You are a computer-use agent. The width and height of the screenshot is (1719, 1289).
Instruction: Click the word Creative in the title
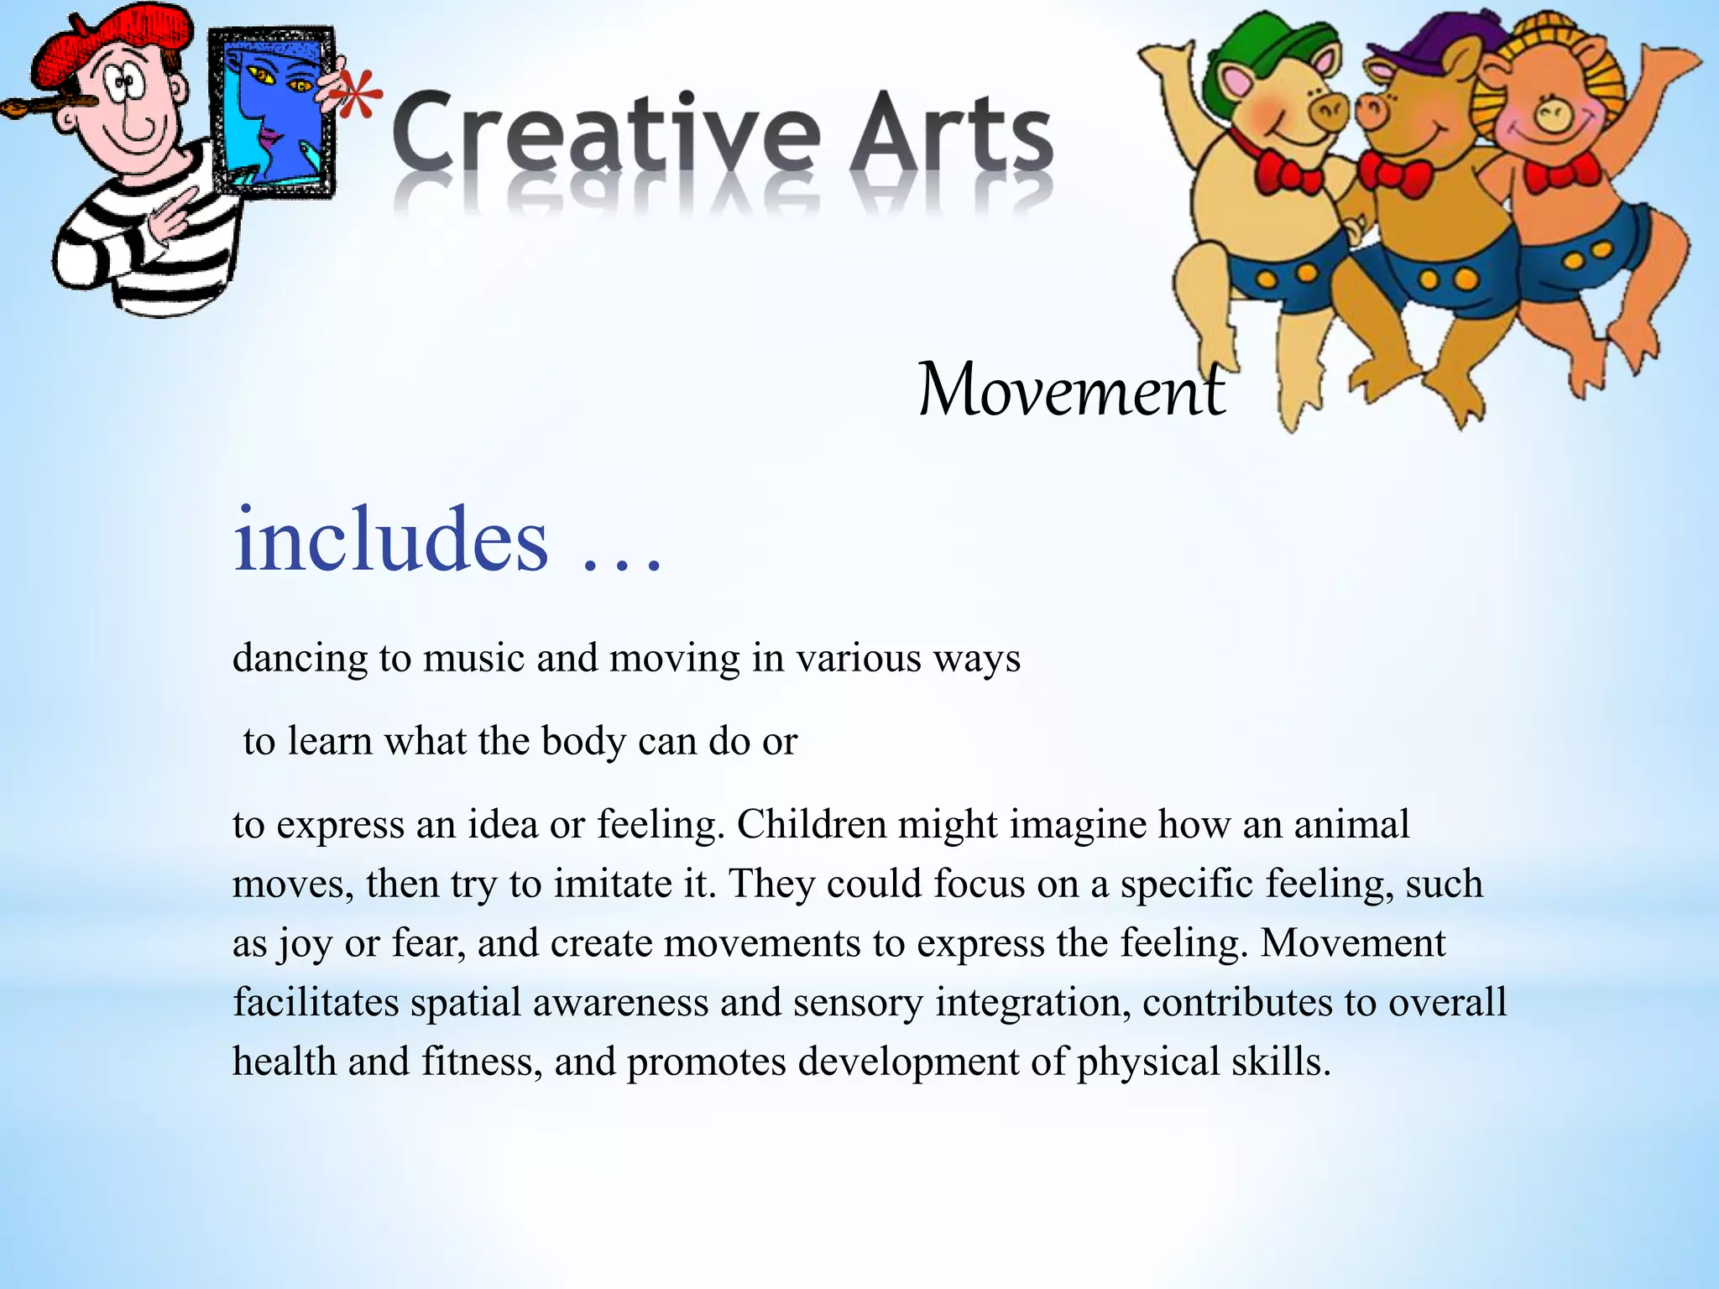click(x=604, y=134)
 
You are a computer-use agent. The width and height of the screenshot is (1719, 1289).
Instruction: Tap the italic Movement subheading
click(x=1071, y=390)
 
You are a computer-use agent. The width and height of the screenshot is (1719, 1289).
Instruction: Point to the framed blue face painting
click(x=273, y=113)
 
